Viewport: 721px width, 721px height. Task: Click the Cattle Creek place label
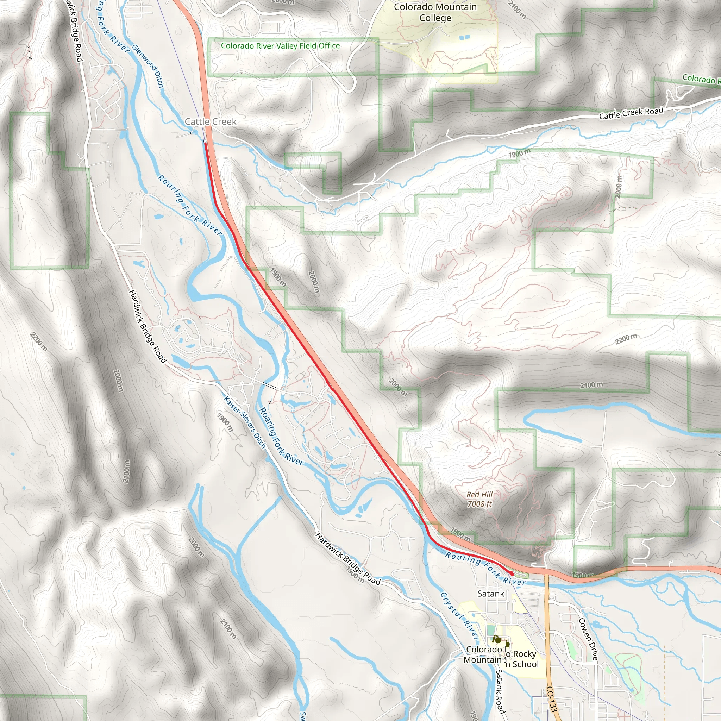211,122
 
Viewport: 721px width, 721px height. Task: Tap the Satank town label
490,593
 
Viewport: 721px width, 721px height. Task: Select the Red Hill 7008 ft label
479,499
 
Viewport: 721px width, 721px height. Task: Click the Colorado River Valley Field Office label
280,46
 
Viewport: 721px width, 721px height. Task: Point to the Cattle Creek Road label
631,113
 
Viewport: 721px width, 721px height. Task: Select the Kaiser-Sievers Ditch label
245,422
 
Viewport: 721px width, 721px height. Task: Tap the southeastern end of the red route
512,573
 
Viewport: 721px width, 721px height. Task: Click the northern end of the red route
205,143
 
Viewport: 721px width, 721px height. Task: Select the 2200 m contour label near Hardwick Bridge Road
39,341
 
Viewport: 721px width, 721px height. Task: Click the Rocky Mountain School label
522,659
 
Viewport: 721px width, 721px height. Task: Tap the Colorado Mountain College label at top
435,12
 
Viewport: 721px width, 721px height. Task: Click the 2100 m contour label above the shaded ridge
591,385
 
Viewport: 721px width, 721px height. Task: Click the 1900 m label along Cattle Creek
519,153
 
